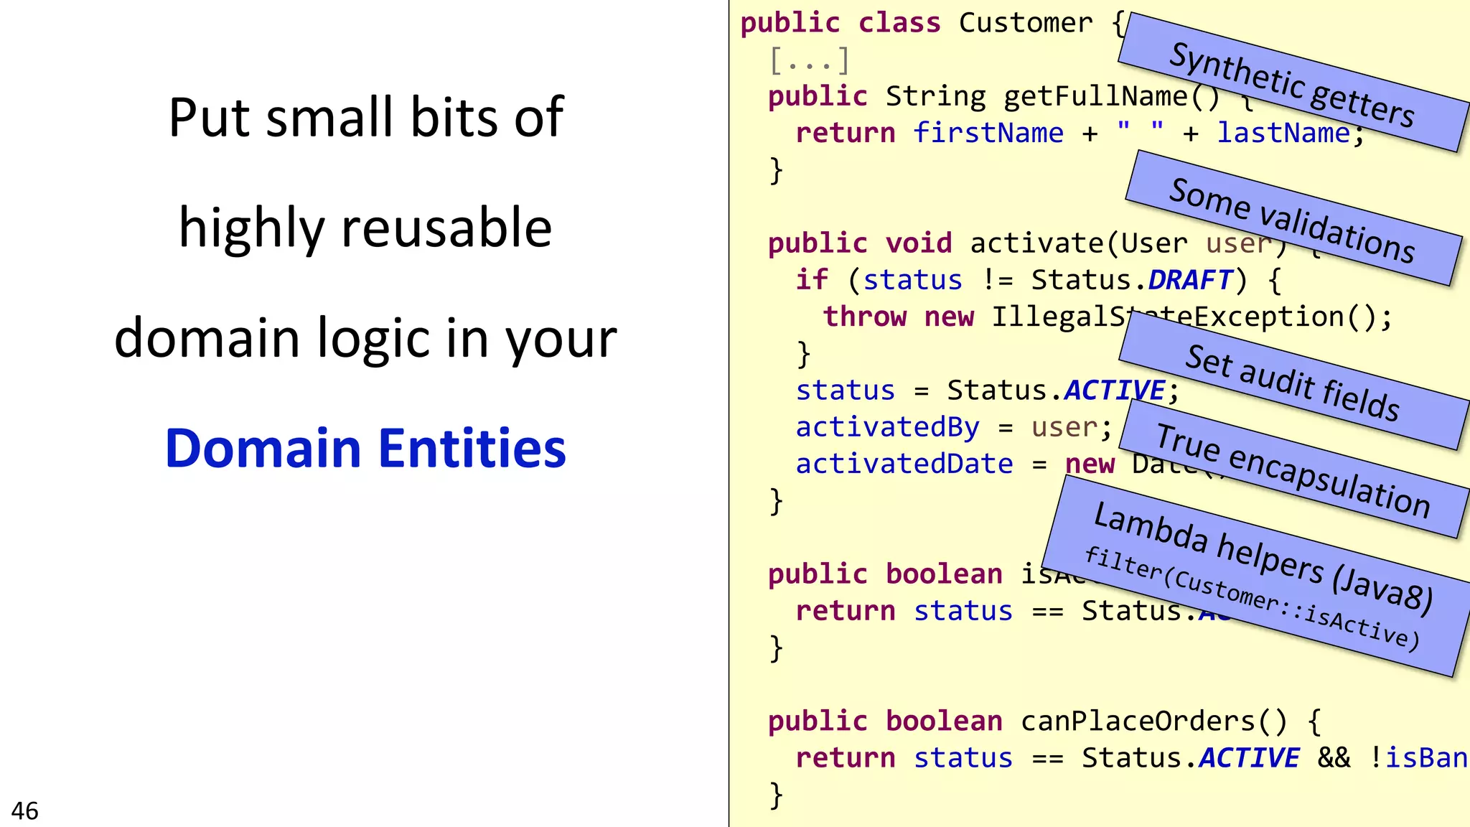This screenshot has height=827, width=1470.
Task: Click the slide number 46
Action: [x=24, y=810]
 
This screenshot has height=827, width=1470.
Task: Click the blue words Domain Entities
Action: [x=365, y=448]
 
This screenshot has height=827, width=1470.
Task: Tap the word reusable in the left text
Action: [x=446, y=228]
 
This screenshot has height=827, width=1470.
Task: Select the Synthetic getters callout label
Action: [x=1292, y=84]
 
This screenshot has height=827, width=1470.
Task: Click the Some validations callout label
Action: [x=1292, y=220]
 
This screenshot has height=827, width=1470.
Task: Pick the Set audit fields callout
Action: [x=1292, y=382]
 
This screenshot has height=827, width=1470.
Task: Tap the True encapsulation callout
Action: [x=1293, y=470]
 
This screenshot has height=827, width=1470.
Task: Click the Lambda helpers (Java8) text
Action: [x=1263, y=557]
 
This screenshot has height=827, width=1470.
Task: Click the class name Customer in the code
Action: [x=1026, y=23]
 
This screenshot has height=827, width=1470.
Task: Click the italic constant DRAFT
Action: [x=1190, y=280]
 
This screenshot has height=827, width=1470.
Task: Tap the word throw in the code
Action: [x=864, y=317]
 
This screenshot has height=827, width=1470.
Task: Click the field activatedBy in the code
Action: [x=887, y=427]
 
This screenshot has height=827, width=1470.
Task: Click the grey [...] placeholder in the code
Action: [x=809, y=60]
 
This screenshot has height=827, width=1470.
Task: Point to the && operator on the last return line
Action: [x=1333, y=757]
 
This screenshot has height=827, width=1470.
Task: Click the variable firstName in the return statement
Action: [x=988, y=133]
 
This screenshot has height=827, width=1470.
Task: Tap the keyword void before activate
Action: [x=918, y=243]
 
